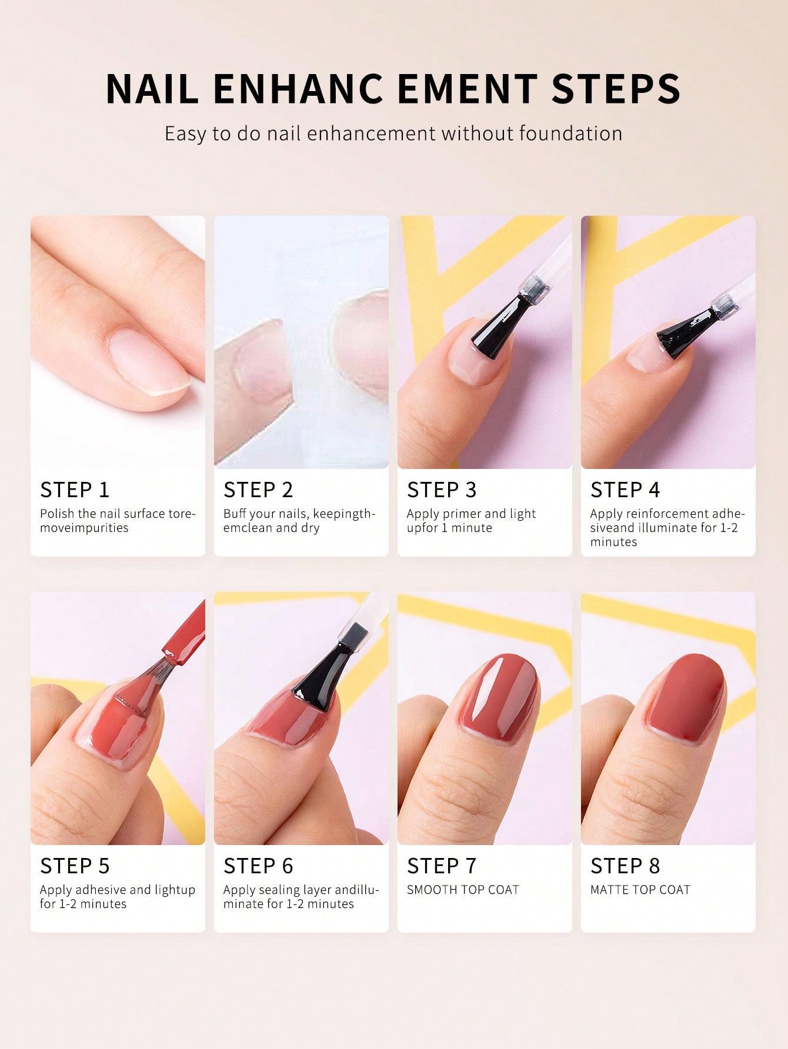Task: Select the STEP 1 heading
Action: pos(75,490)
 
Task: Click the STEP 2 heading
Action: pos(258,490)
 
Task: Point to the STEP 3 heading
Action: pos(442,490)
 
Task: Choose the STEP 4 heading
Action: pos(625,490)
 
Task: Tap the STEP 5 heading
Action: pos(75,866)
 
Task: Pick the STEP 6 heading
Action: pos(258,866)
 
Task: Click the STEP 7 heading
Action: pos(442,866)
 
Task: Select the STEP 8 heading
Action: pos(625,866)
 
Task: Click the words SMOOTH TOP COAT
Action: pos(463,890)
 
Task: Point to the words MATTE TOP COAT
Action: pos(640,890)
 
